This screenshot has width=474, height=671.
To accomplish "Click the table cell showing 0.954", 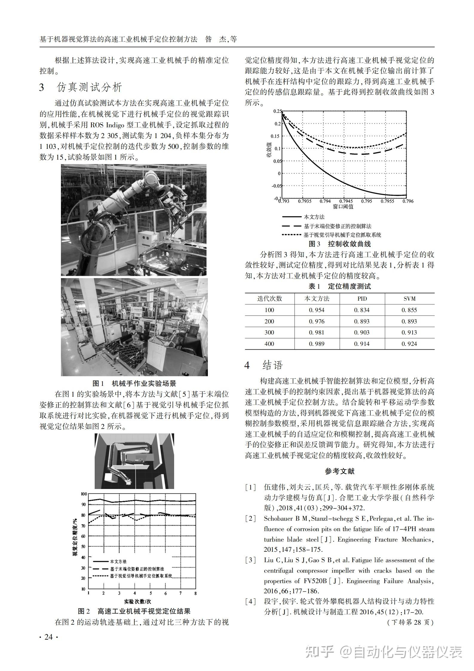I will (317, 310).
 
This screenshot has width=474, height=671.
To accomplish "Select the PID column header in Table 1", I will (362, 299).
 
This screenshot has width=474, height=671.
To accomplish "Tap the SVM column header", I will (409, 299).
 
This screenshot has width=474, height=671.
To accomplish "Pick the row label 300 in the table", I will (269, 332).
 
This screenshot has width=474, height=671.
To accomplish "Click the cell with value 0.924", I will (409, 344).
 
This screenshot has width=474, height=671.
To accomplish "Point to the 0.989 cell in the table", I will (317, 344).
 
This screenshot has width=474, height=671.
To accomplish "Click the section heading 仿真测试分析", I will (89, 87).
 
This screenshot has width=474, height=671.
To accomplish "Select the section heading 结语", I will (272, 365).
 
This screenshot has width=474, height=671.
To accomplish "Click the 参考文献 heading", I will (340, 471).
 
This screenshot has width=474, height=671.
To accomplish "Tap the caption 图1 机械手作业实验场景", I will (134, 383).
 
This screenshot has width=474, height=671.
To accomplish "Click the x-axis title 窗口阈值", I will (343, 207).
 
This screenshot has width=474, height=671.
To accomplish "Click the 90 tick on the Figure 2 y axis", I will (83, 504).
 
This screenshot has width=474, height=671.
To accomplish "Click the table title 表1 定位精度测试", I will (340, 286).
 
